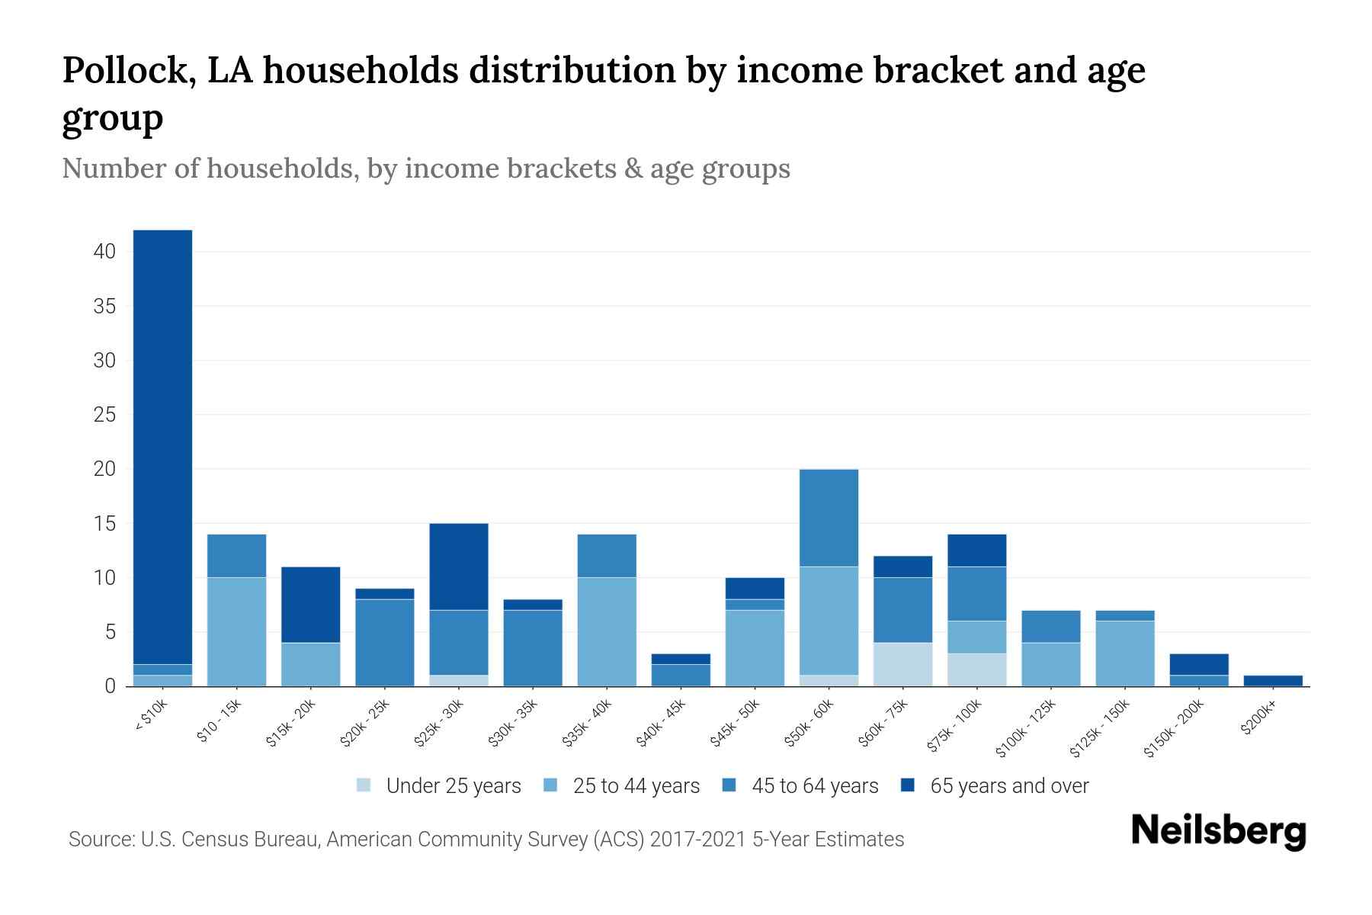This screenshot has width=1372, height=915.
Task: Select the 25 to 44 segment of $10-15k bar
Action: [236, 631]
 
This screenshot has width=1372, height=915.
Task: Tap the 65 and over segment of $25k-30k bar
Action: [459, 567]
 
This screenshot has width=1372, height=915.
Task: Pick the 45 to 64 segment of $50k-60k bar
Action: [829, 518]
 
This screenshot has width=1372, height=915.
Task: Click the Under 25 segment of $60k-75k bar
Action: [902, 664]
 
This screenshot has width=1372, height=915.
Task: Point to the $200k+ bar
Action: [1273, 680]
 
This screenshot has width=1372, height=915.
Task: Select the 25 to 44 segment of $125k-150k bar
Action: [1125, 653]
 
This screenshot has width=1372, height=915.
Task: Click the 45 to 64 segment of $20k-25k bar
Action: [385, 642]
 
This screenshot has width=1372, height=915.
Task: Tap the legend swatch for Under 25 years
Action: [364, 785]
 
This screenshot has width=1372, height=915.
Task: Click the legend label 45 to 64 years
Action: [814, 785]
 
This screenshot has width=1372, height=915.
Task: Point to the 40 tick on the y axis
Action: [104, 252]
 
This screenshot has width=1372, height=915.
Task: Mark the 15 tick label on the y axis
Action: [104, 524]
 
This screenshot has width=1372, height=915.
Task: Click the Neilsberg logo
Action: [1218, 831]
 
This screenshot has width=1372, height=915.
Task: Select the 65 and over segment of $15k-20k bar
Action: [310, 605]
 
